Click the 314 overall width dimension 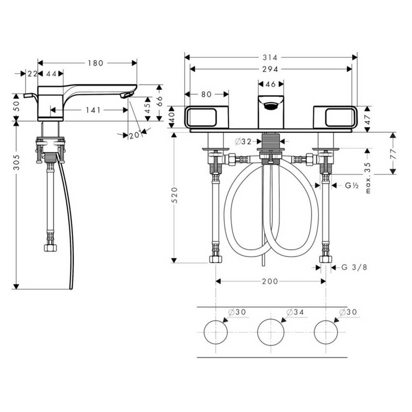tap(270, 57)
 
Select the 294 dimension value tap(270, 70)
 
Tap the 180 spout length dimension tap(95, 63)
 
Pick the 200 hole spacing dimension tap(270, 281)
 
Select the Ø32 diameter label tap(243, 142)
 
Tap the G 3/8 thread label tap(353, 267)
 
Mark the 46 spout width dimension tap(270, 84)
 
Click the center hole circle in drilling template tap(270, 332)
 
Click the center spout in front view tap(270, 111)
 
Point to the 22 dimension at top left tap(32, 73)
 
